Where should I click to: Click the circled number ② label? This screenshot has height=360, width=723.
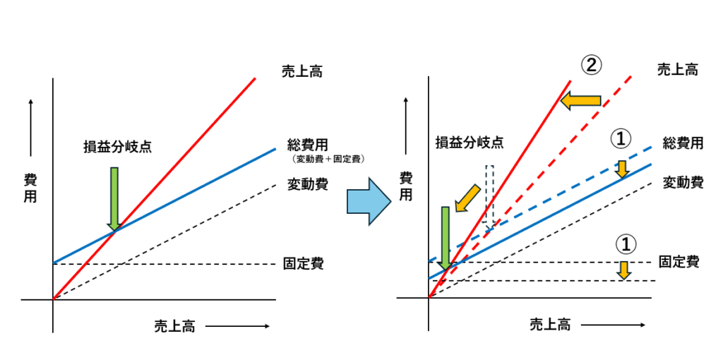coord(591,65)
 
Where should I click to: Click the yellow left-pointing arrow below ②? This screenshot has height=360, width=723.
coord(580,101)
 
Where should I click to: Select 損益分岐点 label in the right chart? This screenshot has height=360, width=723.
coord(469,142)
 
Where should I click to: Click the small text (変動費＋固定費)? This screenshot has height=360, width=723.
coord(327,160)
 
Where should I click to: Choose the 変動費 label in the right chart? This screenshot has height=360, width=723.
coord(683,182)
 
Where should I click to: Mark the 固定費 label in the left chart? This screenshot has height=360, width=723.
coord(303,264)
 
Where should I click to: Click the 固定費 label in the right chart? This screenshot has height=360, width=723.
coord(679,261)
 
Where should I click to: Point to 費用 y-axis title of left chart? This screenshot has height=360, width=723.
coord(30,188)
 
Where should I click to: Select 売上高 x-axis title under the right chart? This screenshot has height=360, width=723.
coord(550,325)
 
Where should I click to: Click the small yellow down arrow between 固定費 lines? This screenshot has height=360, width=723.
coord(623,269)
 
